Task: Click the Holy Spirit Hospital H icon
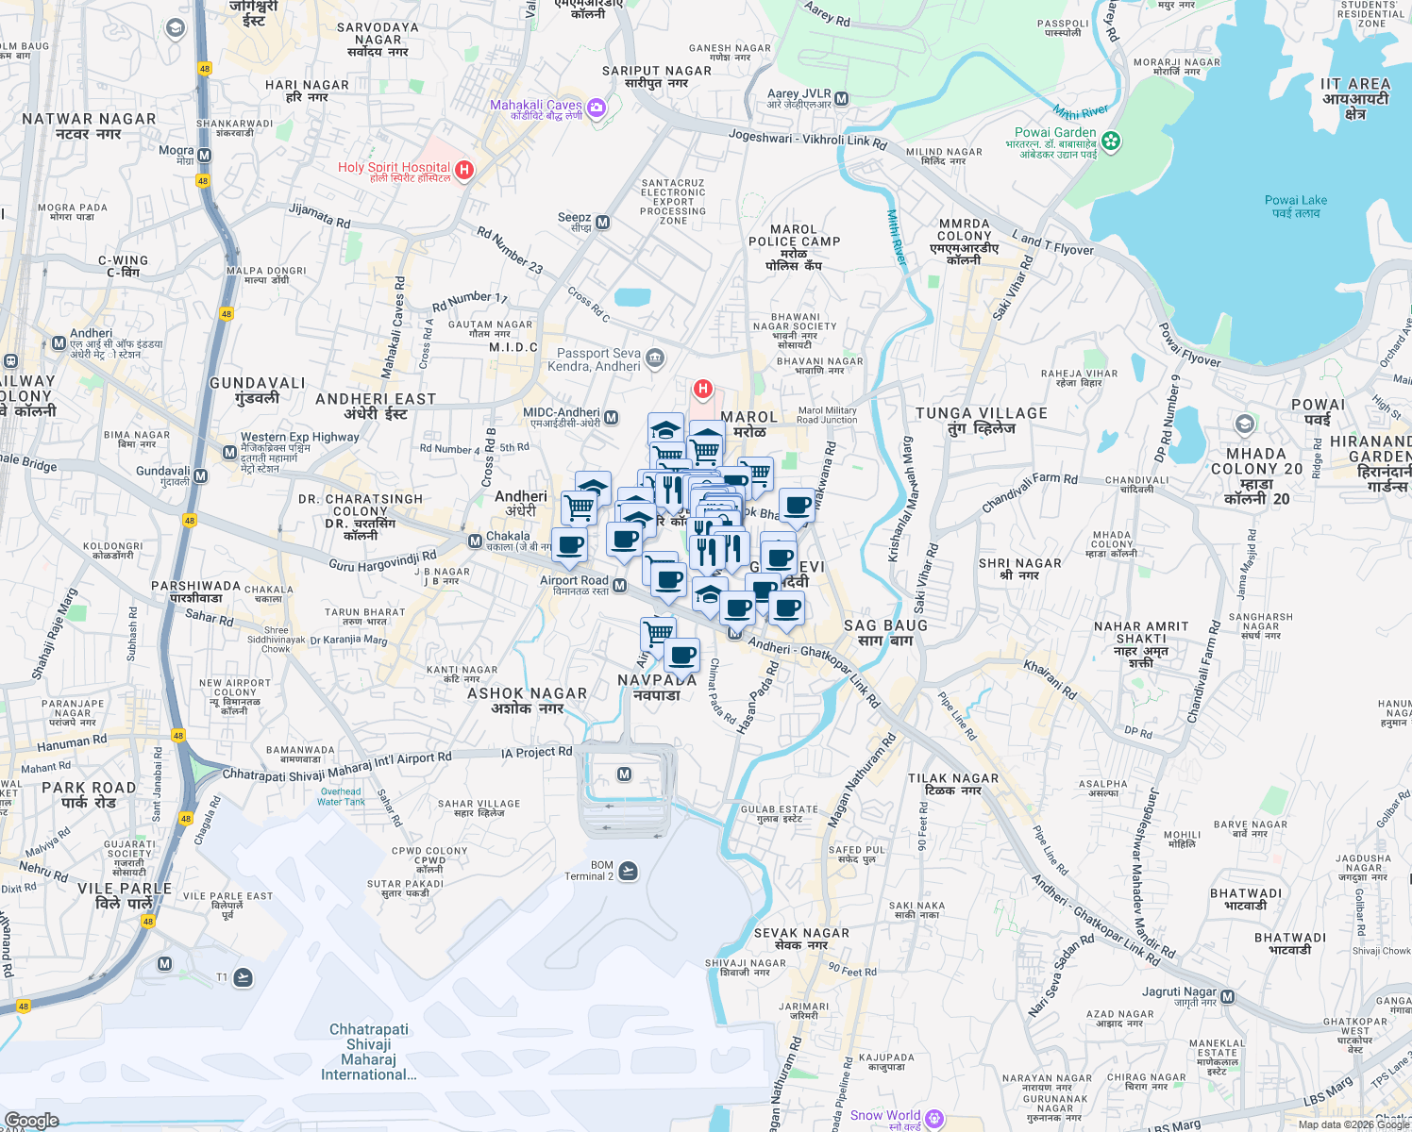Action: tap(463, 170)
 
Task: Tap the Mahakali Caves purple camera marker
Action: tap(596, 108)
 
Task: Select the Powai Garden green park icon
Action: tap(1111, 141)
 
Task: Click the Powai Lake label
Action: tap(1295, 206)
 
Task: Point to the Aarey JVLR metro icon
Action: tap(842, 98)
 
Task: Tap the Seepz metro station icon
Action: tap(602, 223)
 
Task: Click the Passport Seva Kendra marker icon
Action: tap(655, 358)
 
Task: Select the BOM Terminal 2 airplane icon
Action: tap(629, 871)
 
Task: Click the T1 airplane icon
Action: tap(243, 976)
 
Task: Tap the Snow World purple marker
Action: tap(934, 1118)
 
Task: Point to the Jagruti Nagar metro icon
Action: tap(1227, 995)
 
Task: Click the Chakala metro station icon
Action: tap(475, 541)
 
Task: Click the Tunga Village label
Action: tap(982, 421)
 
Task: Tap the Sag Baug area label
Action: tap(885, 632)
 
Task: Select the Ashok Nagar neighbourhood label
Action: tap(527, 700)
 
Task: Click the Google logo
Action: tap(31, 1121)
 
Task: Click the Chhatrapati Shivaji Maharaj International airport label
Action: tap(369, 1051)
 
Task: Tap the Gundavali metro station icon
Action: tap(200, 476)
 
